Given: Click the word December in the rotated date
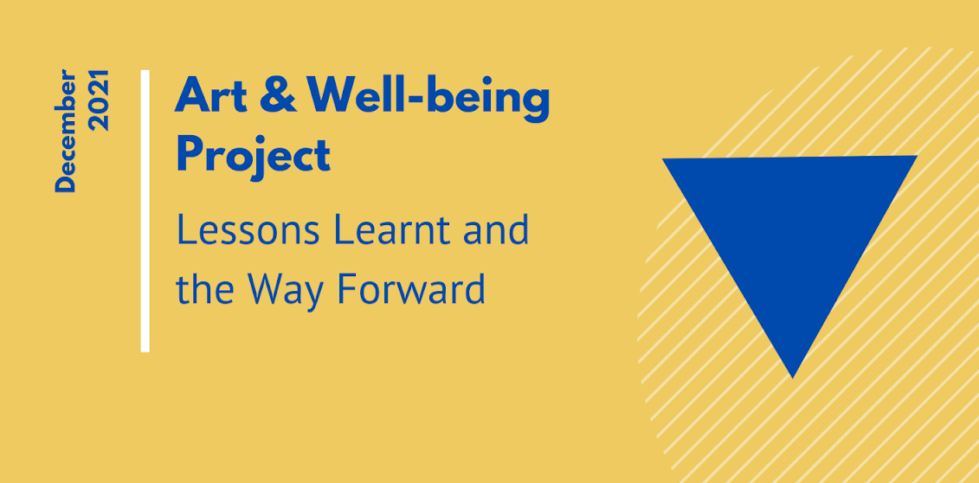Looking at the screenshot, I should tap(66, 132).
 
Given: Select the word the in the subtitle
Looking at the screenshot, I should tap(204, 290).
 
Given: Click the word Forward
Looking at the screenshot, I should tap(410, 290).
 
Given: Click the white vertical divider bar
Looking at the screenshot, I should tap(145, 211).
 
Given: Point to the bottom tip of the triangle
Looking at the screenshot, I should tap(793, 375).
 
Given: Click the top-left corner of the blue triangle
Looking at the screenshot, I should tap(666, 161).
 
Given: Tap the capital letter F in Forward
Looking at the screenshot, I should tap(345, 290).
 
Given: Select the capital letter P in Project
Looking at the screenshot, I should tap(190, 154).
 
